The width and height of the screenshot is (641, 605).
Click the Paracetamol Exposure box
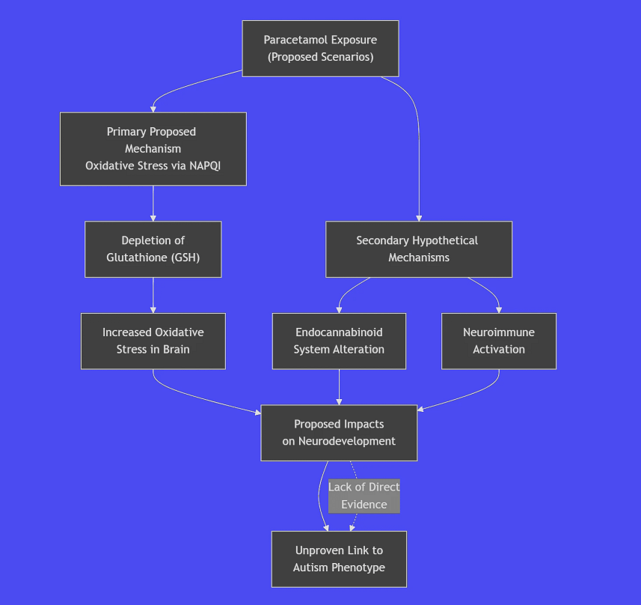(x=320, y=49)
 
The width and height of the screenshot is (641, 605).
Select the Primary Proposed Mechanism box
(x=153, y=148)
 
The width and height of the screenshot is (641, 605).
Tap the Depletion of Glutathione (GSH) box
(x=153, y=249)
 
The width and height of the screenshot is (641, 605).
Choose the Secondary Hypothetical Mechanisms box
(x=418, y=249)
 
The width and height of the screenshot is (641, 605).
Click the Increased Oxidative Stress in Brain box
(x=153, y=341)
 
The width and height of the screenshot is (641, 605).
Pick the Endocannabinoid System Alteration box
(x=339, y=341)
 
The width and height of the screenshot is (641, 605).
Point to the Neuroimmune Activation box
(x=498, y=341)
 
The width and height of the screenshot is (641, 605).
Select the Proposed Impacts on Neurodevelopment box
(x=339, y=433)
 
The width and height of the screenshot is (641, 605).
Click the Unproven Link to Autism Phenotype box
(x=339, y=559)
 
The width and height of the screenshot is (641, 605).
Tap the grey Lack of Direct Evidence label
(x=364, y=496)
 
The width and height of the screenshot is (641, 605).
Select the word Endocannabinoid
(x=339, y=332)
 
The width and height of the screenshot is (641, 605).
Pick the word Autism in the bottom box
(x=310, y=567)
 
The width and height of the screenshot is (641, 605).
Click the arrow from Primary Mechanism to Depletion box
(x=153, y=203)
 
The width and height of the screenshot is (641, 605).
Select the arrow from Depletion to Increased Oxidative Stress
(x=153, y=295)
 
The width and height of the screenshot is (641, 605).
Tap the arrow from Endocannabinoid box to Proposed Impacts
(x=339, y=387)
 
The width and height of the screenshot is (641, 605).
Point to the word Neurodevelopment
(x=347, y=441)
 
